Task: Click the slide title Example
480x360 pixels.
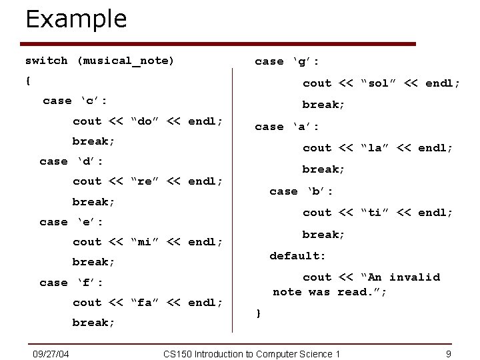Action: coord(75,19)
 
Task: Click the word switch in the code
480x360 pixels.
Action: coord(46,61)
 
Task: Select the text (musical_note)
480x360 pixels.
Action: coord(125,61)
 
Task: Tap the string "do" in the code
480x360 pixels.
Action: coord(143,121)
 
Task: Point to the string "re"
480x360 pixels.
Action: coord(143,181)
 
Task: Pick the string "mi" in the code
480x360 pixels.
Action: coord(143,242)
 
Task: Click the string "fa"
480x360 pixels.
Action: coord(143,303)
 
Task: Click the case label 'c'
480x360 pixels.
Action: coord(93,101)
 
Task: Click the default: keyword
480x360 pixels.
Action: coord(297,255)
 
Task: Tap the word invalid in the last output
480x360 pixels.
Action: coord(414,277)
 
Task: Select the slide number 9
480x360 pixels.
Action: coord(449,353)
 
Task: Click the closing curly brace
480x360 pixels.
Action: coord(258,312)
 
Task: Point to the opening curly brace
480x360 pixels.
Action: coord(27,81)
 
